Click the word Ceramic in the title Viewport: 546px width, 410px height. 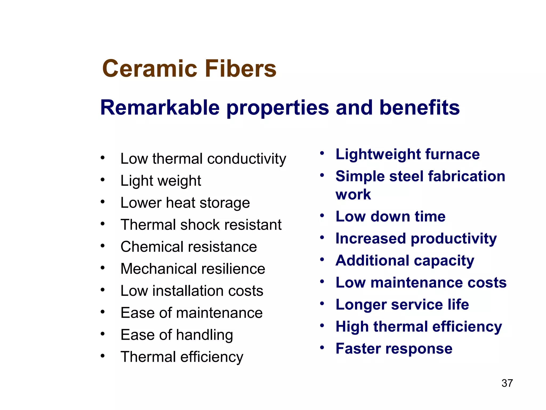click(x=150, y=69)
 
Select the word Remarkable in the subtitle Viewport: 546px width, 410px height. click(x=160, y=108)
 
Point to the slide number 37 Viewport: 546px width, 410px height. click(x=507, y=383)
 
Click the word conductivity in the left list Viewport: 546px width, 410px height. click(x=247, y=159)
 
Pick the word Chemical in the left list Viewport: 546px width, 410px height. click(x=151, y=247)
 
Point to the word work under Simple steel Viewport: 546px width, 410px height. click(x=353, y=194)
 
